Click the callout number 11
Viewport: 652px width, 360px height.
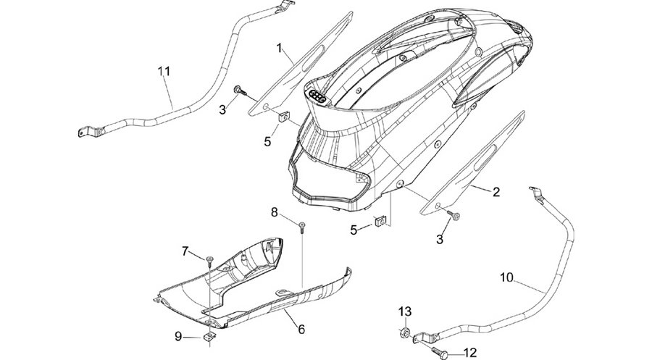[x=164, y=71]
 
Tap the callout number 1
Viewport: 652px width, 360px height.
[x=280, y=49]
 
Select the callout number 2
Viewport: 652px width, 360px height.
[x=496, y=192]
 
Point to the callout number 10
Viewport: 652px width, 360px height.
[x=506, y=277]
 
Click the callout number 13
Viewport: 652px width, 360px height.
[x=405, y=311]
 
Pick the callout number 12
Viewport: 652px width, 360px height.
[x=470, y=353]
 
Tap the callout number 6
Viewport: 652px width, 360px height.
[x=301, y=330]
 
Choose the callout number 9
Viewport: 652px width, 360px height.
[x=178, y=336]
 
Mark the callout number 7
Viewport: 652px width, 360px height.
[x=185, y=251]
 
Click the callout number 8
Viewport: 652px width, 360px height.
[x=275, y=212]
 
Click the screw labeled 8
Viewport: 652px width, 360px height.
[x=301, y=227]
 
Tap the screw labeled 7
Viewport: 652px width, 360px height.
[x=209, y=261]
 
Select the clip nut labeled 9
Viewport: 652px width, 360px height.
[x=209, y=338]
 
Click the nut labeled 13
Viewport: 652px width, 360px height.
[x=404, y=332]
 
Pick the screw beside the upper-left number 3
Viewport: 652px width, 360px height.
[x=240, y=91]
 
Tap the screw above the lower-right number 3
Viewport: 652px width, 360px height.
[x=454, y=215]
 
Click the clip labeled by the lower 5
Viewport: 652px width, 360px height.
[x=380, y=221]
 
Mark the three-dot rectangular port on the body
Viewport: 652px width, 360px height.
[x=319, y=96]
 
